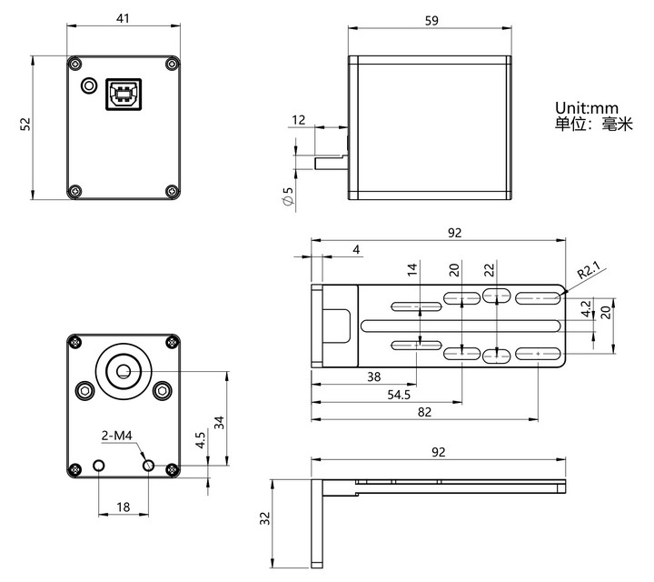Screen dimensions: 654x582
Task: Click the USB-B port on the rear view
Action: [124, 95]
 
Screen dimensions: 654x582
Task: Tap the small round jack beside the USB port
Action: [88, 85]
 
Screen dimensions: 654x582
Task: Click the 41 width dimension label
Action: [123, 18]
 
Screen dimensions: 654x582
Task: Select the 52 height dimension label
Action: [25, 124]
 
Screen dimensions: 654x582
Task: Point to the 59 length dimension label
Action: [431, 20]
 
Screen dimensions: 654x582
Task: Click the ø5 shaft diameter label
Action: [288, 196]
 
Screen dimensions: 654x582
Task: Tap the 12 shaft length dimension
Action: [299, 120]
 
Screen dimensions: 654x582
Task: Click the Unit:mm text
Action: [587, 108]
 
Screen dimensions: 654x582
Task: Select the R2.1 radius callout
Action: [589, 271]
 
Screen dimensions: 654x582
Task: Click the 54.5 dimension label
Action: [399, 395]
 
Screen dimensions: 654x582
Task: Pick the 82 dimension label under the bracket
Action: [424, 412]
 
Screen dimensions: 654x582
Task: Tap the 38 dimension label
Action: [373, 377]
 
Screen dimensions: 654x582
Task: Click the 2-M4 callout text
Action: [117, 436]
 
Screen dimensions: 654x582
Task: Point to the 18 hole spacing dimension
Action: [123, 507]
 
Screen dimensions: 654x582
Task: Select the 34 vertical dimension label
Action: [220, 423]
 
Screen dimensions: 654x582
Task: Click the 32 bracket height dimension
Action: [265, 518]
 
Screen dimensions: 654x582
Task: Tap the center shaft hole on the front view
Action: [123, 371]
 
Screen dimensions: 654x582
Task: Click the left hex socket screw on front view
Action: [85, 391]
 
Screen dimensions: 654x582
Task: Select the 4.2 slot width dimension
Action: [587, 308]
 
